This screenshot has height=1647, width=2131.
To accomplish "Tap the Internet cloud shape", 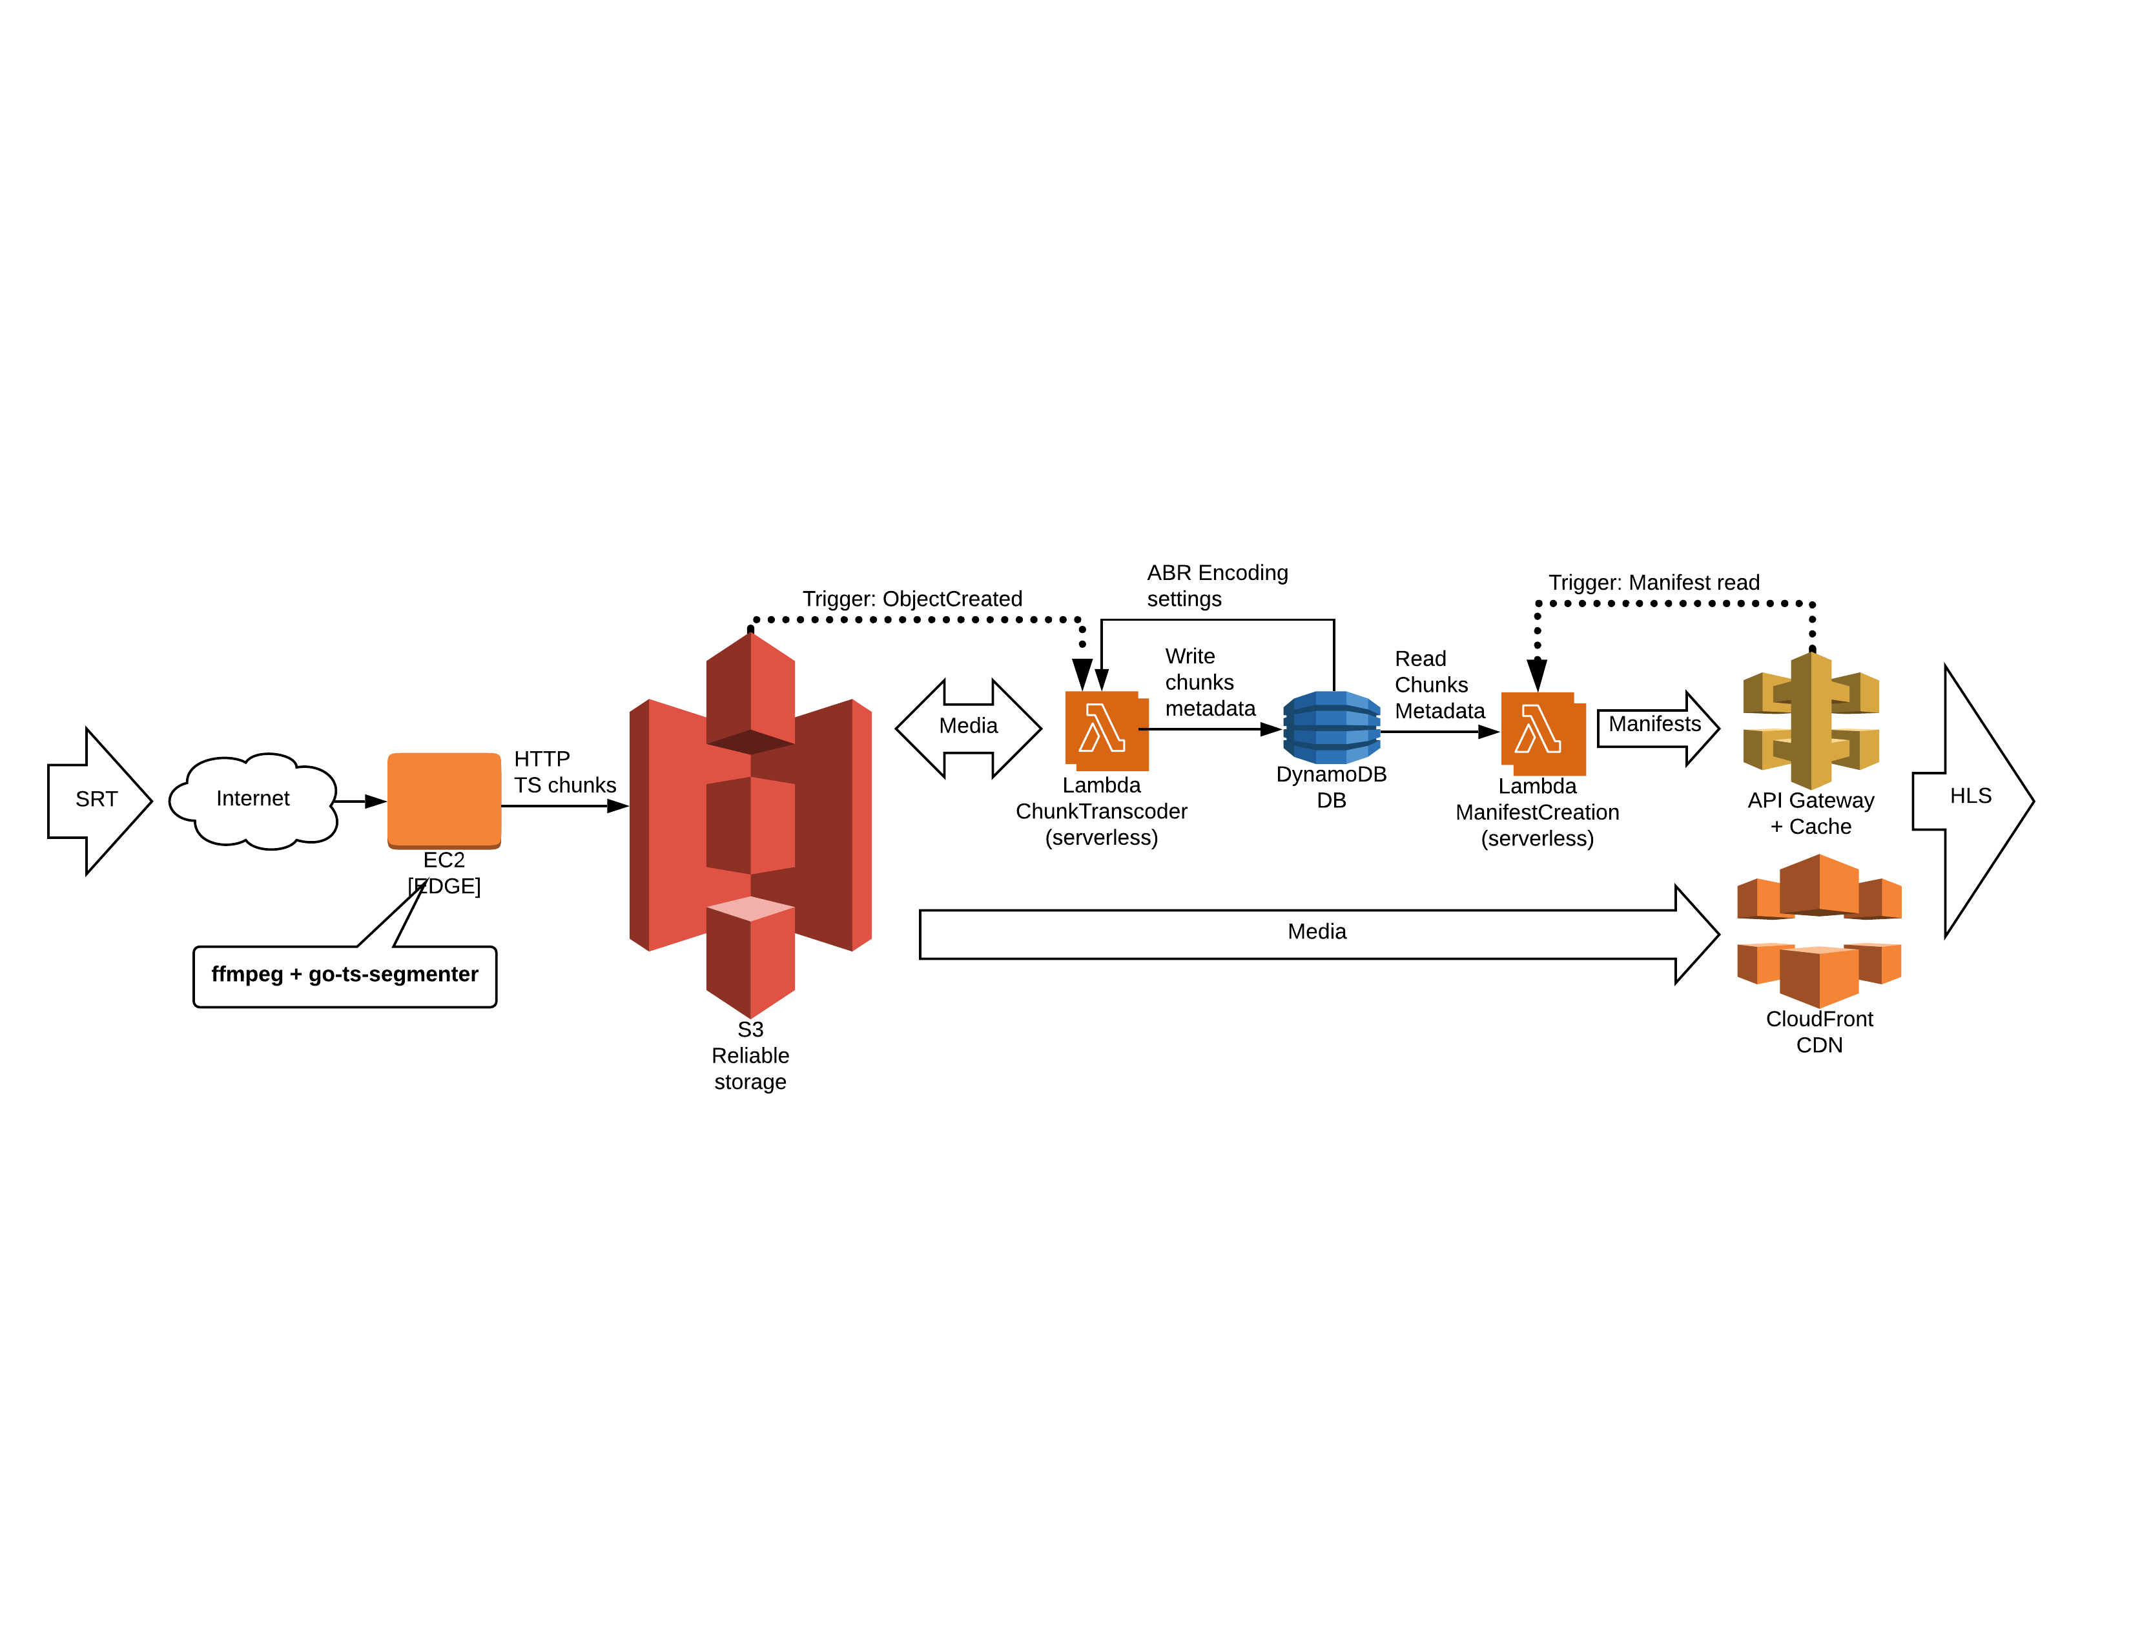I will click(252, 800).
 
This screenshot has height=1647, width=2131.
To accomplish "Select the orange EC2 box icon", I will click(444, 799).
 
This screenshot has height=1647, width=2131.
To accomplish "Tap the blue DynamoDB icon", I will click(1331, 727).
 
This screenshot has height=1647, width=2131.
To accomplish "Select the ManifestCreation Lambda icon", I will click(1541, 732).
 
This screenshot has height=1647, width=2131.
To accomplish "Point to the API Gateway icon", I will click(1811, 720).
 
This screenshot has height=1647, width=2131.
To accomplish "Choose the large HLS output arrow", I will click(1971, 800).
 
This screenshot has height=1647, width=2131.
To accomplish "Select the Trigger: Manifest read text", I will click(1654, 583).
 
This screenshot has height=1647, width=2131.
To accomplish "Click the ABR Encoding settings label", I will click(1216, 585).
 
